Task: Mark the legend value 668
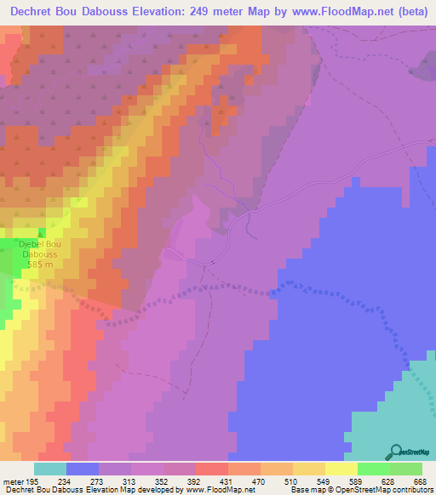[419, 481]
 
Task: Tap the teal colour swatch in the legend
[49, 469]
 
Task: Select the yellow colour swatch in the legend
[341, 469]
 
